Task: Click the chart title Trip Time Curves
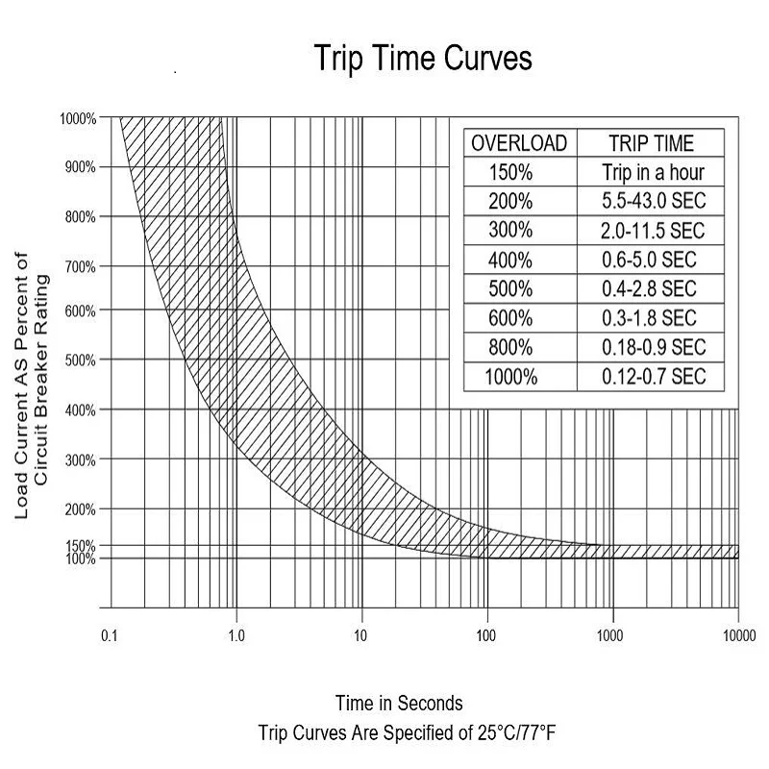pyautogui.click(x=423, y=59)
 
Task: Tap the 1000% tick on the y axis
pyautogui.click(x=78, y=119)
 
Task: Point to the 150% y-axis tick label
pyautogui.click(x=81, y=546)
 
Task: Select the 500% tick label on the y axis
pyautogui.click(x=80, y=360)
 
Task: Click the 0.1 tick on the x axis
pyautogui.click(x=110, y=635)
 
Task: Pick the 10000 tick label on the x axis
pyautogui.click(x=737, y=635)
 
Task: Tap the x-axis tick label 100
pyautogui.click(x=486, y=635)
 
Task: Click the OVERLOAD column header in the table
pyautogui.click(x=519, y=144)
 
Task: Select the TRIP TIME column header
pyautogui.click(x=651, y=144)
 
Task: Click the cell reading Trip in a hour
pyautogui.click(x=654, y=173)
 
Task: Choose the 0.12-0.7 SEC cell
pyautogui.click(x=654, y=376)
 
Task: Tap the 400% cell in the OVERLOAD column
pyautogui.click(x=510, y=260)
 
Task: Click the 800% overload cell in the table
pyautogui.click(x=510, y=347)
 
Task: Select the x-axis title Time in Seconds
pyautogui.click(x=399, y=703)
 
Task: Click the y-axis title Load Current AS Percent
pyautogui.click(x=22, y=384)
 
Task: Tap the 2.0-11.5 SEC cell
pyautogui.click(x=654, y=231)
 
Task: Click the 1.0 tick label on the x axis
pyautogui.click(x=236, y=635)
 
